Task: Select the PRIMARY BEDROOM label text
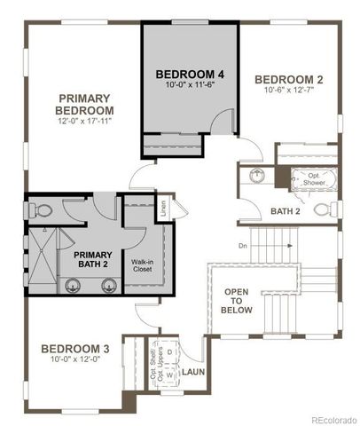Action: pos(84,104)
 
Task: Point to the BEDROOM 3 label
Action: pos(75,349)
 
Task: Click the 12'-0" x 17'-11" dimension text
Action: pos(85,122)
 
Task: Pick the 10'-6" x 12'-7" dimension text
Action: pos(288,90)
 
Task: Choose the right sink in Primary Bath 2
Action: pos(108,285)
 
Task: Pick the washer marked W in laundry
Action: pos(169,374)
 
